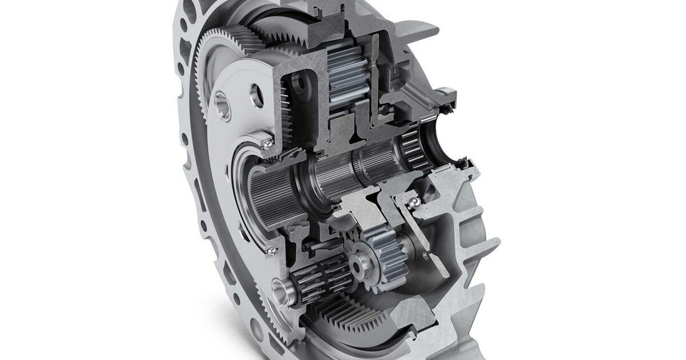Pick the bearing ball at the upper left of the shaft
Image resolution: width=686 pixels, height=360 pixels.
[x=267, y=144]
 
